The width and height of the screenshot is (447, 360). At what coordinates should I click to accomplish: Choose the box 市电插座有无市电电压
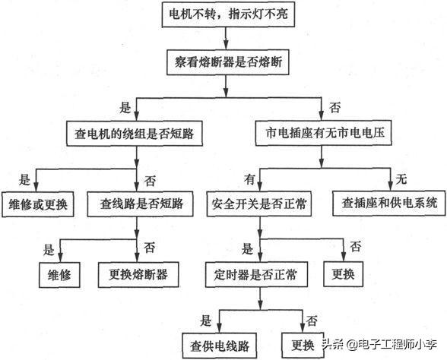point(319,132)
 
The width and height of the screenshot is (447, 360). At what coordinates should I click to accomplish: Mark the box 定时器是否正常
point(250,274)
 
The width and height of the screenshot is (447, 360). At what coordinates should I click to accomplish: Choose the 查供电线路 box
point(220,345)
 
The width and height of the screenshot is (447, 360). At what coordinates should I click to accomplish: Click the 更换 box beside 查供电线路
point(299,345)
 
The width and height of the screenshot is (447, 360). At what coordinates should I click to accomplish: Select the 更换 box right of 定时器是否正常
point(347,274)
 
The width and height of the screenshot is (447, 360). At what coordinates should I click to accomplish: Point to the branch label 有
point(248,179)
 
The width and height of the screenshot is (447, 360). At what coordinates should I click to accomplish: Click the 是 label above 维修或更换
point(24,179)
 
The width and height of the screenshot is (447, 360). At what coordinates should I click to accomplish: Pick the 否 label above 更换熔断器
point(149,248)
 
